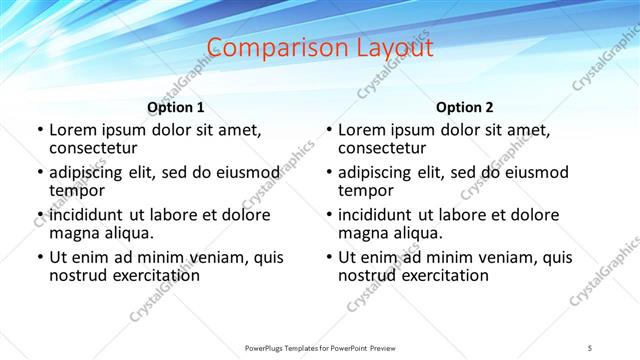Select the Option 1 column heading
click(x=176, y=106)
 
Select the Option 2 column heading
click(x=465, y=106)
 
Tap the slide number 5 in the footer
click(x=590, y=346)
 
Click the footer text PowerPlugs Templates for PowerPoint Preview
click(x=319, y=346)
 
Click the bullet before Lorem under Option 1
click(x=39, y=130)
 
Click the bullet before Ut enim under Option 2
click(x=328, y=258)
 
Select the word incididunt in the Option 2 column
click(x=378, y=214)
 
